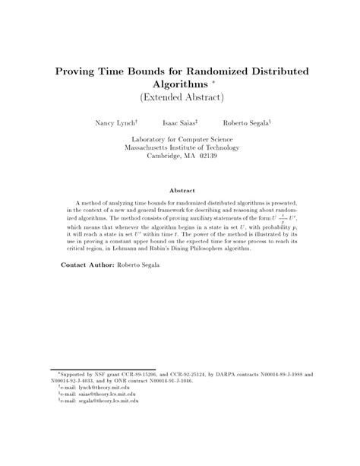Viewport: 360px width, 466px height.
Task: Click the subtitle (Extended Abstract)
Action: point(180,99)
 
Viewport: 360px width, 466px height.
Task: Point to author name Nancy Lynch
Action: point(116,122)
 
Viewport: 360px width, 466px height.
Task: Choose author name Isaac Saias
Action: point(181,122)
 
